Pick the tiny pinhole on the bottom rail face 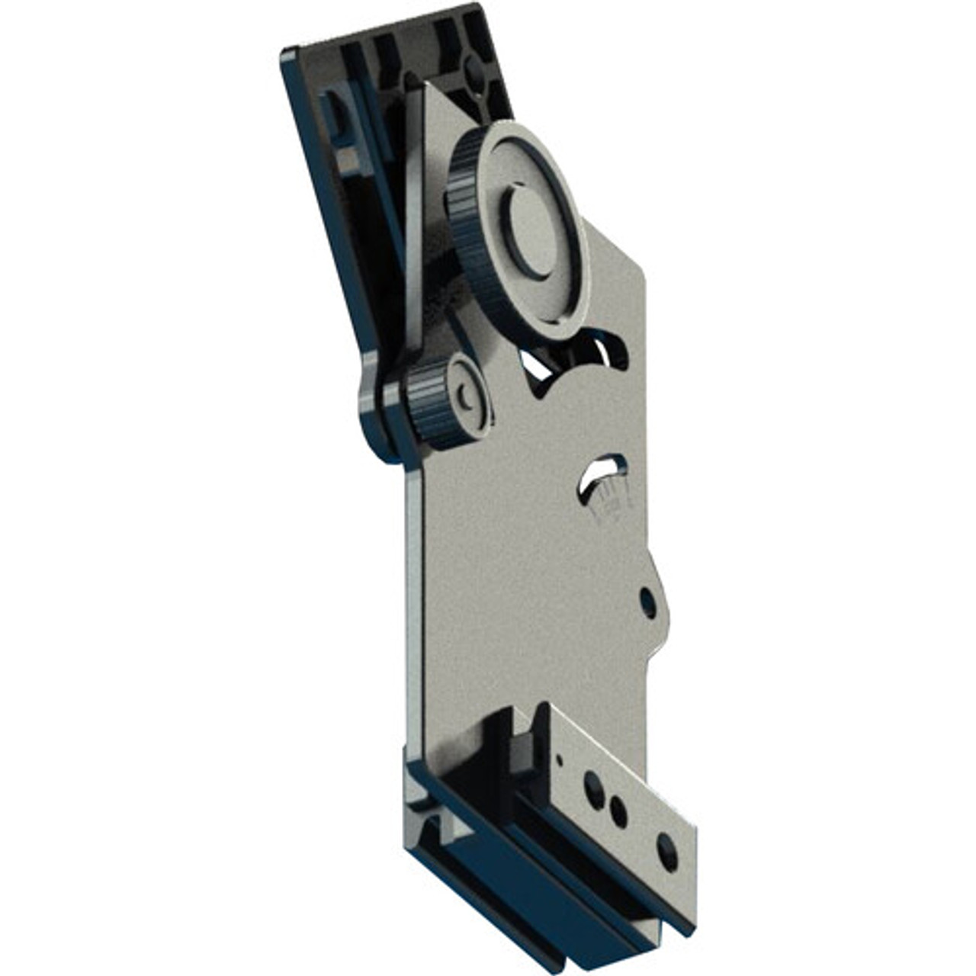tap(560, 759)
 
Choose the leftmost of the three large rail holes tap(590, 783)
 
